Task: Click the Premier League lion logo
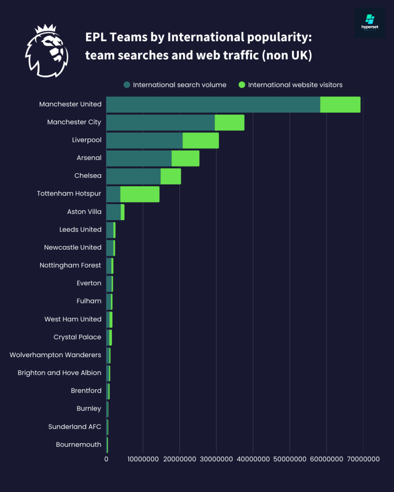point(46,50)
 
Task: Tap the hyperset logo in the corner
point(370,23)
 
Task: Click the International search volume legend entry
point(175,85)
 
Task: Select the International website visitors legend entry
point(291,85)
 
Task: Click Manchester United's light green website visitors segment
point(340,105)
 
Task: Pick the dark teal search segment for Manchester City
point(160,123)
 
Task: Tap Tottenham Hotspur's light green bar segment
point(140,194)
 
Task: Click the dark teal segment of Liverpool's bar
point(144,140)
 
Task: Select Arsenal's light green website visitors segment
point(186,158)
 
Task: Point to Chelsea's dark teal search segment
point(133,176)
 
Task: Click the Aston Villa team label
point(84,212)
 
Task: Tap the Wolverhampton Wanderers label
point(55,355)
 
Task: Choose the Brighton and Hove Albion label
point(60,373)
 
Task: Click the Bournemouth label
point(78,444)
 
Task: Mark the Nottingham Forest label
point(70,265)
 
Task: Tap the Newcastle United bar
point(110,248)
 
